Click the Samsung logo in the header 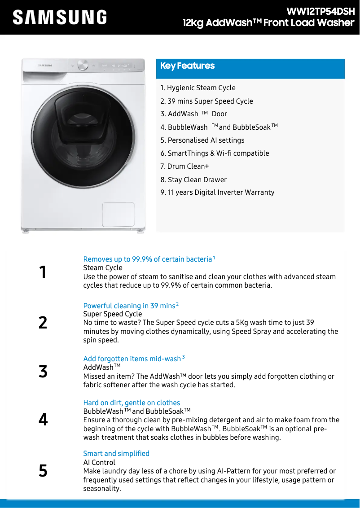point(60,18)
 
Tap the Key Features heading point(188,66)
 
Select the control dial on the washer point(83,66)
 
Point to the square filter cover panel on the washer point(118,215)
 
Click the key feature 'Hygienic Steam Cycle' point(198,88)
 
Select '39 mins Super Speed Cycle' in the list point(207,101)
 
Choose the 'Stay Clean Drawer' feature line point(193,180)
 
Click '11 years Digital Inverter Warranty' point(217,193)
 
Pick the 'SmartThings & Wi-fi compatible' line point(215,153)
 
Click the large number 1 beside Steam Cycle point(43,272)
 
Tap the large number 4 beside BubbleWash point(43,420)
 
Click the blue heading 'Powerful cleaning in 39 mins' point(129,306)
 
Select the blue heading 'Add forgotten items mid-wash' point(132,359)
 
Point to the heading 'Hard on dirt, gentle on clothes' point(132,403)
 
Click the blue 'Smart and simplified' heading point(116,454)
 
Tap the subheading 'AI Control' point(99,463)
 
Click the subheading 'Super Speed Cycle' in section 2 point(113,314)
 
